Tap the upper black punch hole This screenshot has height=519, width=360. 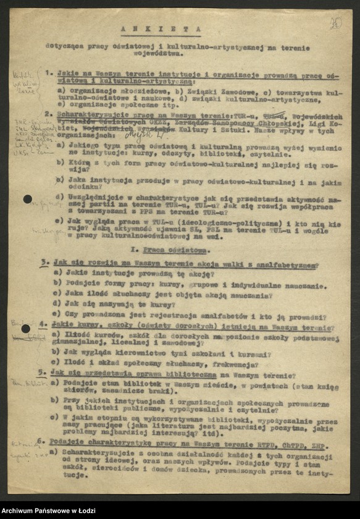(28, 199)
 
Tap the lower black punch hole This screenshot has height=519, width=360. (26, 328)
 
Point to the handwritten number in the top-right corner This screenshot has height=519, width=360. (335, 23)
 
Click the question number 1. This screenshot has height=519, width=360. (49, 73)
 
